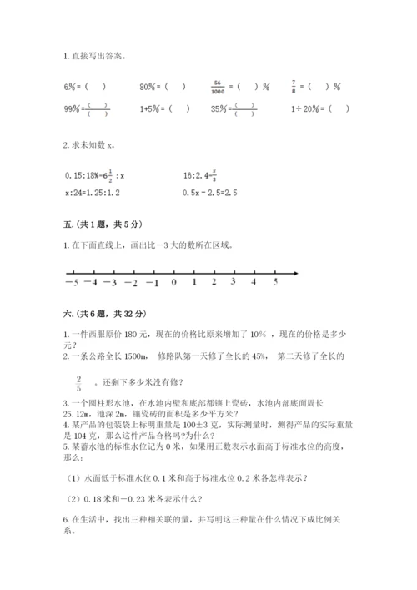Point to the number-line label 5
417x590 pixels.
pos(275,283)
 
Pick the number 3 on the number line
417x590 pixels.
pos(234,283)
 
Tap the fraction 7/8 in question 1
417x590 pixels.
pos(294,86)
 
